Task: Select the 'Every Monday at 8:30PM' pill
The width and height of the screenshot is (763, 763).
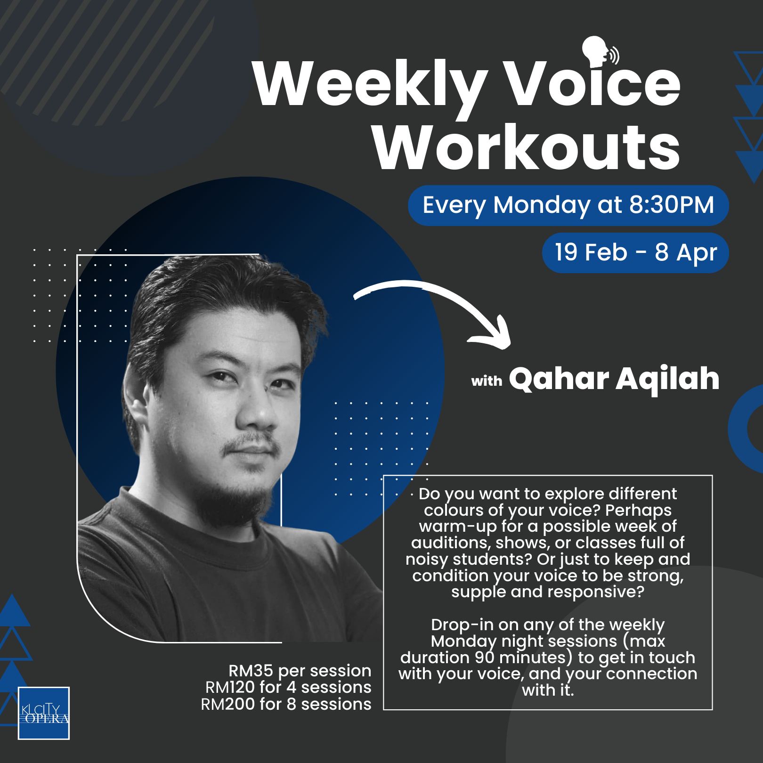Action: (568, 205)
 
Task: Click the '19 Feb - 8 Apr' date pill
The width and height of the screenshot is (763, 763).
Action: (635, 253)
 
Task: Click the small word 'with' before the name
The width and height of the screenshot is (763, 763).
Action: (487, 381)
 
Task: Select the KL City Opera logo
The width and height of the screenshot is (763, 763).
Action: (44, 713)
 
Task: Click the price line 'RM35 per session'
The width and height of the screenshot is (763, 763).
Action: (300, 670)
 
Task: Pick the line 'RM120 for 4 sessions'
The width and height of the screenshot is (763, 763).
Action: (288, 687)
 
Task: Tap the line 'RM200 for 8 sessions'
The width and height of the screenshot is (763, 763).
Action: (286, 704)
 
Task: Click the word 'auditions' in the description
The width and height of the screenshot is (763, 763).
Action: (445, 543)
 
